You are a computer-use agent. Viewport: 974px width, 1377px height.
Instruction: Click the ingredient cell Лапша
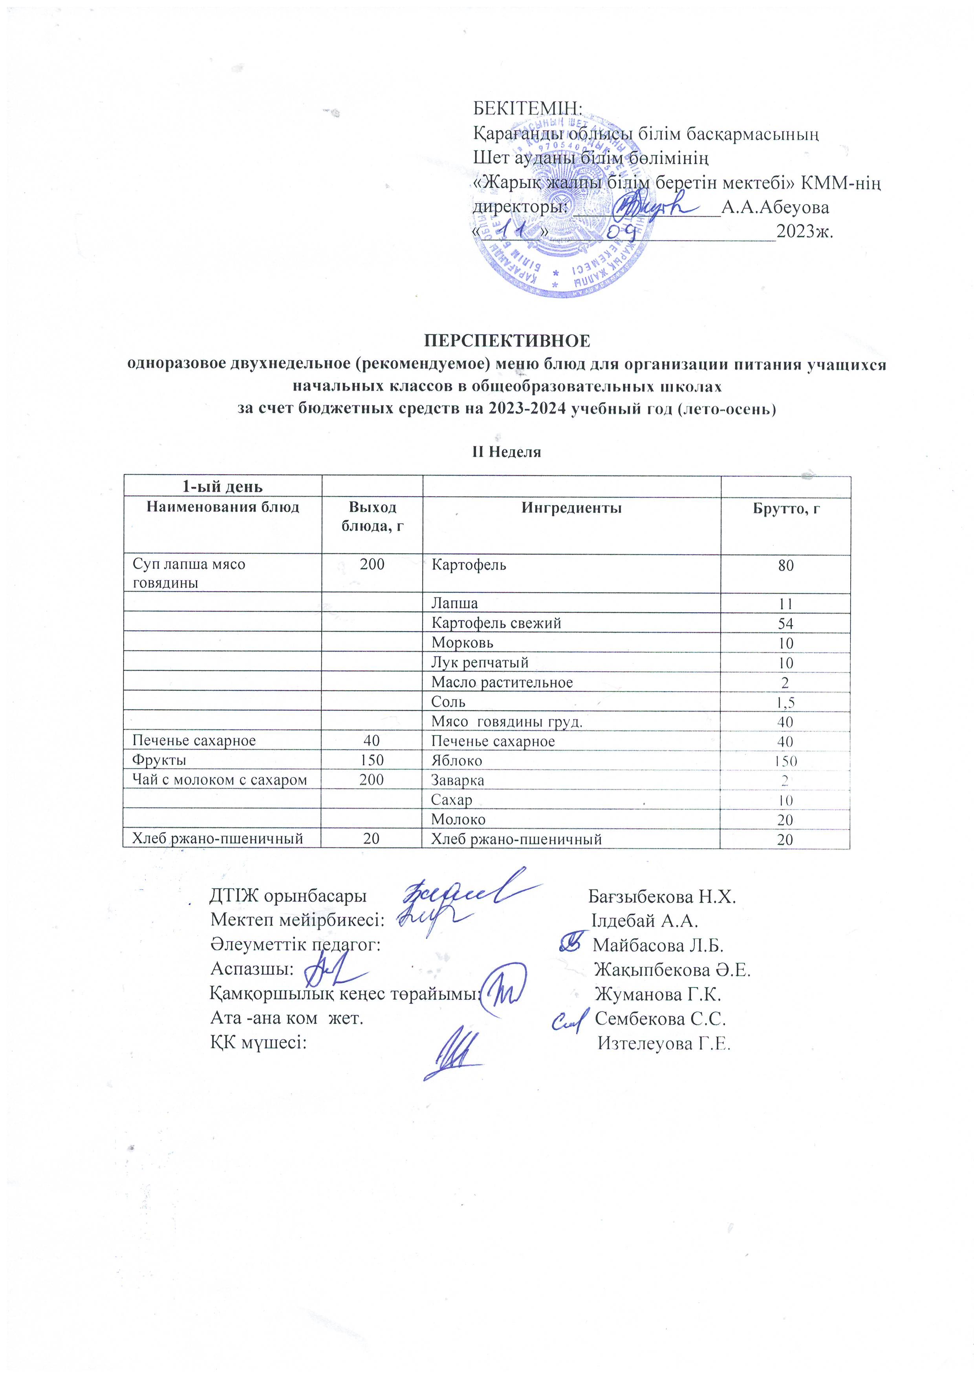[454, 603]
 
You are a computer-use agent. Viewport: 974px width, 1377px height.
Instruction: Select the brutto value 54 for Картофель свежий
[785, 624]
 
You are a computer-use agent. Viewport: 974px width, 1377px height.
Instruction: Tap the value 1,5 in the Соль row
[785, 702]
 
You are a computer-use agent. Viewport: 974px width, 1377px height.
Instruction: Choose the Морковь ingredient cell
[462, 643]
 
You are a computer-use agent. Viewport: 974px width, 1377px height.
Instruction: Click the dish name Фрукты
[159, 760]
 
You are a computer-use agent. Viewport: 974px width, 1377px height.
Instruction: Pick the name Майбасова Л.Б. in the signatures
[658, 946]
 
